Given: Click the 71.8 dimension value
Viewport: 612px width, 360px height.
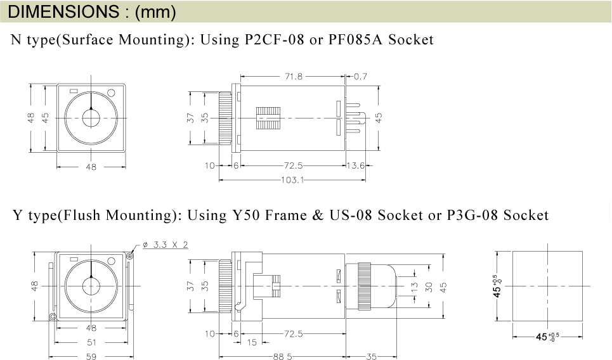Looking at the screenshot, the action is click(294, 77).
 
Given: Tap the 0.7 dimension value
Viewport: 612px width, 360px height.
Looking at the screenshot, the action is click(360, 77).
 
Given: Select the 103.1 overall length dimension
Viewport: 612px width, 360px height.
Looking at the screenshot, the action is click(292, 180).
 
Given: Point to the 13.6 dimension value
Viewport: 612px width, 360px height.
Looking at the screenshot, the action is click(356, 166).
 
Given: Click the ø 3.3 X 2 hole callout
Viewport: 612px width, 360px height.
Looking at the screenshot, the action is click(165, 245).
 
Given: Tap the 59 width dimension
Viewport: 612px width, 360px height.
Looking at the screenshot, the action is click(91, 356).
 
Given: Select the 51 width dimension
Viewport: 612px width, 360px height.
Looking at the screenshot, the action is click(91, 342).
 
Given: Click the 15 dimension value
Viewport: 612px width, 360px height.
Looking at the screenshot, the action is click(252, 342).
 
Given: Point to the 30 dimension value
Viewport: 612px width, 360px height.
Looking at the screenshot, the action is click(429, 287).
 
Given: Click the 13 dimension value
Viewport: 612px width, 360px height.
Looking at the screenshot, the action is click(415, 287).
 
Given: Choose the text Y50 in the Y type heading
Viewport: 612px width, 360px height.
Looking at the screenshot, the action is click(246, 215).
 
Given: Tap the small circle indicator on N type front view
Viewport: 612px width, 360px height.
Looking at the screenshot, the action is click(111, 93).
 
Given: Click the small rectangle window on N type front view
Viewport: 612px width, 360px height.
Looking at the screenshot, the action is click(74, 91).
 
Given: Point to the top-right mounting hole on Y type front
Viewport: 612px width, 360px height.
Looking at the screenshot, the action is click(130, 256).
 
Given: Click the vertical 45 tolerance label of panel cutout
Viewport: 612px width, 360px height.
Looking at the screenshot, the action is click(497, 286).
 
